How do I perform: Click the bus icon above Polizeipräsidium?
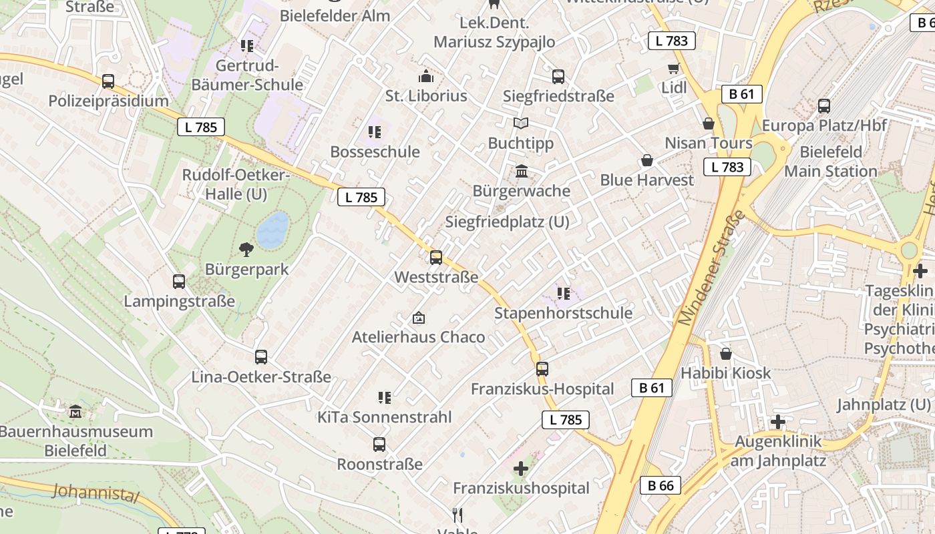pyautogui.click(x=108, y=81)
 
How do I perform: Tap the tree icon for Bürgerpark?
pyautogui.click(x=246, y=250)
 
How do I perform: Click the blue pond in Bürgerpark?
pyautogui.click(x=272, y=230)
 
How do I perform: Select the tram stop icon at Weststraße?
pyautogui.click(x=436, y=257)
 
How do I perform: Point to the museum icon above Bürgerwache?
pyautogui.click(x=522, y=172)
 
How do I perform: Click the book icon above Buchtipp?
pyautogui.click(x=521, y=123)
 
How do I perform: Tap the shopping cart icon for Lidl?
pyautogui.click(x=673, y=68)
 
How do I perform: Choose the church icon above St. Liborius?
pyautogui.click(x=425, y=76)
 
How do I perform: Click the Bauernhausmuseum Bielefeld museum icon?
pyautogui.click(x=75, y=411)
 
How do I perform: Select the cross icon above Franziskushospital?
pyautogui.click(x=521, y=469)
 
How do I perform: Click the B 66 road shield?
pyautogui.click(x=661, y=485)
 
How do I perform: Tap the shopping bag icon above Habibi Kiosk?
pyautogui.click(x=726, y=353)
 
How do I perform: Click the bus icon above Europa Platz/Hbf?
pyautogui.click(x=824, y=105)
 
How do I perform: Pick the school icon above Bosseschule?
pyautogui.click(x=375, y=132)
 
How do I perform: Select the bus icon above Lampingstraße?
pyautogui.click(x=179, y=281)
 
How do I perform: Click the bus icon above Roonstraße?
pyautogui.click(x=379, y=444)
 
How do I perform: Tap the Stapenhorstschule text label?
pyautogui.click(x=563, y=313)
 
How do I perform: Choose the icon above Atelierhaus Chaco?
pyautogui.click(x=419, y=317)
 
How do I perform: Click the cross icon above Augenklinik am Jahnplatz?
pyautogui.click(x=777, y=422)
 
